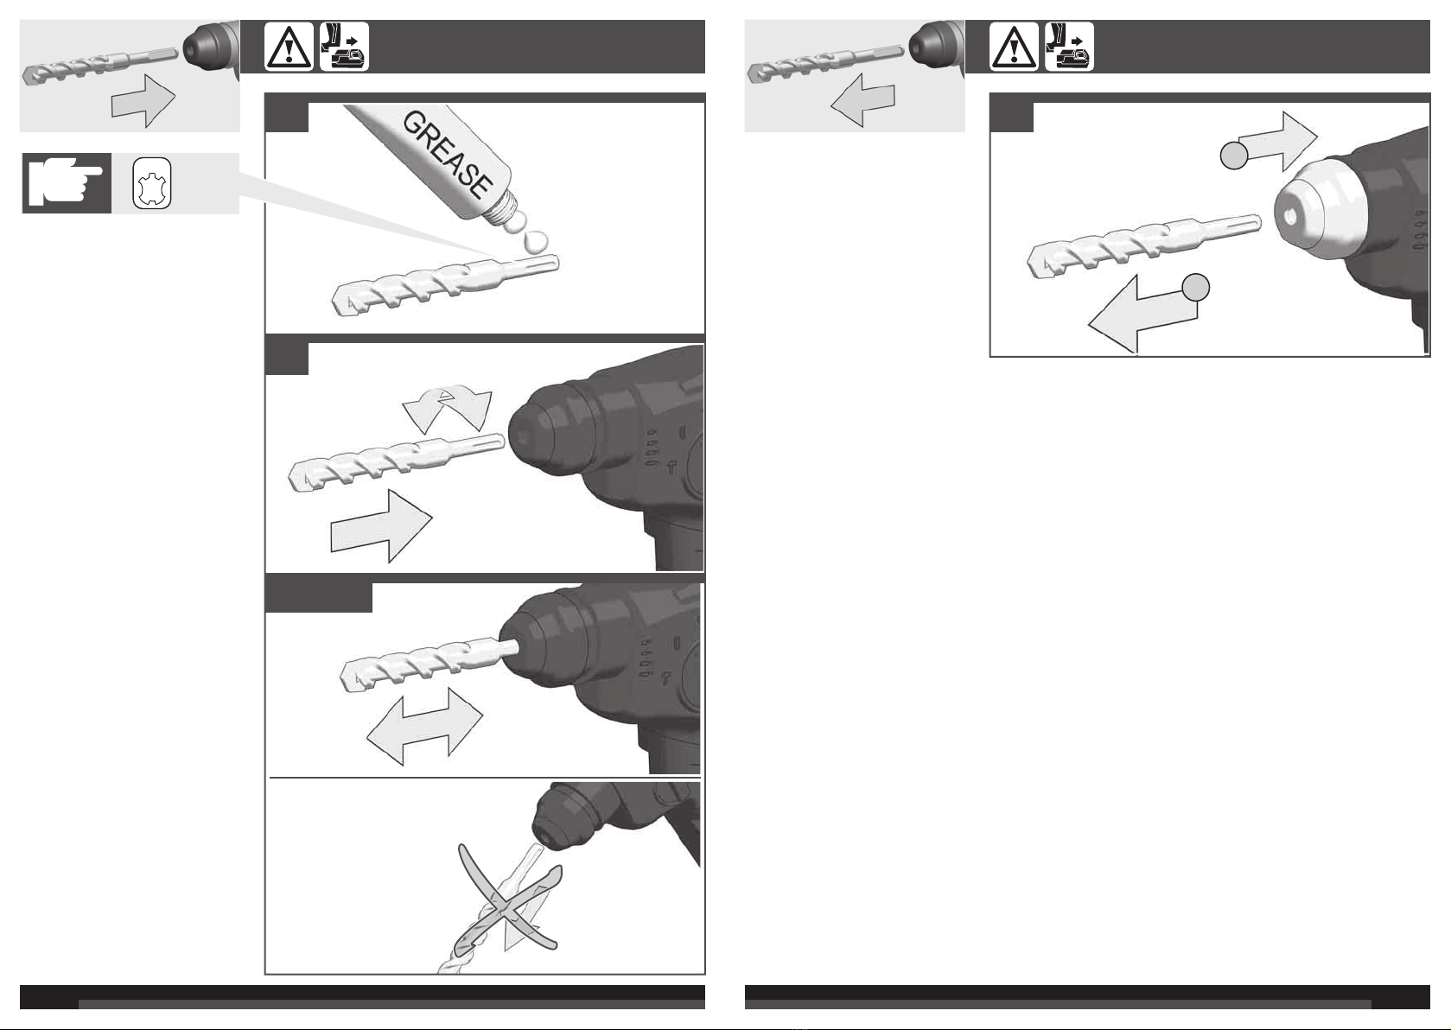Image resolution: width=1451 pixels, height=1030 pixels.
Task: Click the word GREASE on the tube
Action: point(448,155)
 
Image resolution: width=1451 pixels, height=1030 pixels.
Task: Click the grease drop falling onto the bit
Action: point(534,242)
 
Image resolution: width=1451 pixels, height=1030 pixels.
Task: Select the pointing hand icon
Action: point(67,183)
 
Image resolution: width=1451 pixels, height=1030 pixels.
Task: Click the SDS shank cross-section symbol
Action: point(152,183)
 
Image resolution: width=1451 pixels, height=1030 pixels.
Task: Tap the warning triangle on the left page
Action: point(289,47)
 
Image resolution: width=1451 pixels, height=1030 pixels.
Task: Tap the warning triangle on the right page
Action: point(1014,47)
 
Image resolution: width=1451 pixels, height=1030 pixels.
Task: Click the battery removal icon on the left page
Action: point(344,47)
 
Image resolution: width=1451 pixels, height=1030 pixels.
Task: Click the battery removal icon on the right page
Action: point(1069,47)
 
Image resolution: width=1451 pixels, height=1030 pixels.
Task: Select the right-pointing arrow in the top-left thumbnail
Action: point(143,101)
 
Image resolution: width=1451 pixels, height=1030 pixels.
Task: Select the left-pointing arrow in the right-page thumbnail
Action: point(862,99)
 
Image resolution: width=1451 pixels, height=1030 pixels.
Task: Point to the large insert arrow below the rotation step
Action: point(381,526)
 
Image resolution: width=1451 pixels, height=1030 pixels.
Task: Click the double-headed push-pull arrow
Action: point(425,727)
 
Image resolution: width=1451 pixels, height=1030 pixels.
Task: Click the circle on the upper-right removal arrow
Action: point(1234,156)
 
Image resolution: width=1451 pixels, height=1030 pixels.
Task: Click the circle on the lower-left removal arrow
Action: point(1196,288)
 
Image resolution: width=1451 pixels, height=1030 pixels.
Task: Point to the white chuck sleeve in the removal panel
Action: point(1318,211)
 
